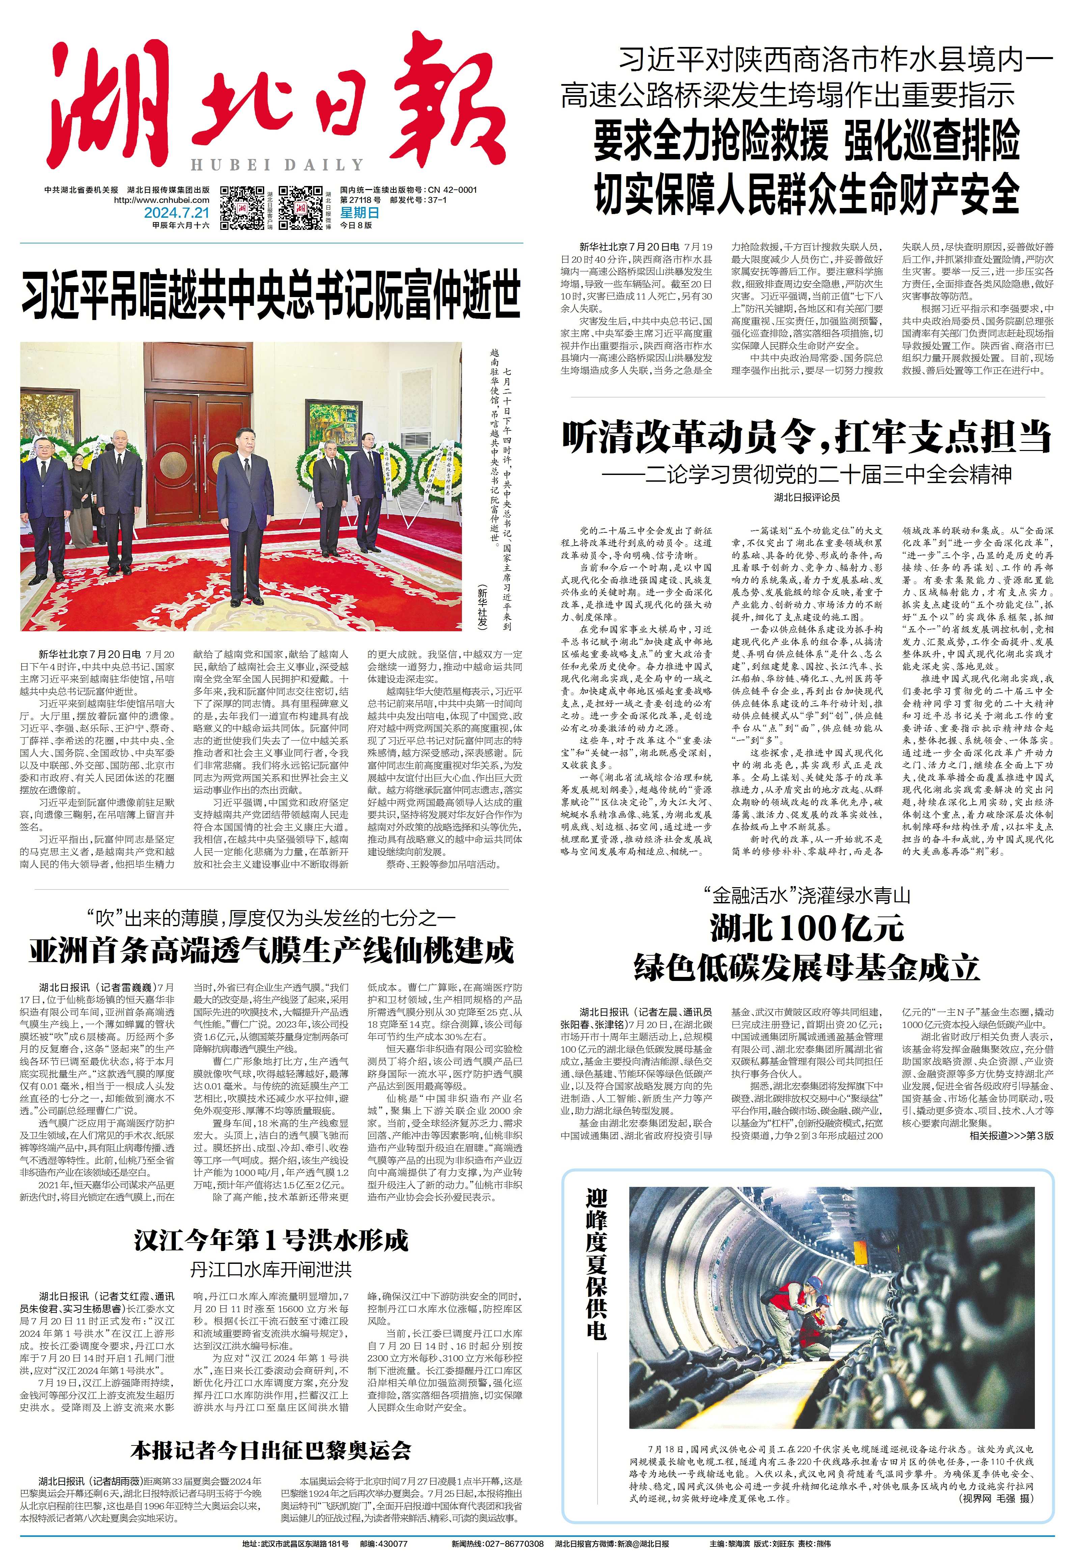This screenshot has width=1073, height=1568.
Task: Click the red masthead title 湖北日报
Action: (x=270, y=101)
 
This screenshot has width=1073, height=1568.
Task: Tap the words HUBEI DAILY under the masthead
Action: (x=276, y=165)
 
